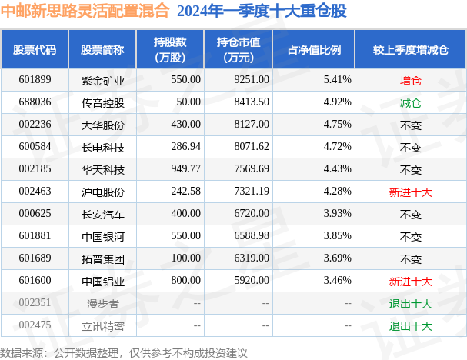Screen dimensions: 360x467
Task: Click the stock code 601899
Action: coord(34,80)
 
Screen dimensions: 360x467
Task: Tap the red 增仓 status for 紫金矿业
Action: coord(411,80)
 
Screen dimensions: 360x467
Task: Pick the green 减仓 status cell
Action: coord(411,102)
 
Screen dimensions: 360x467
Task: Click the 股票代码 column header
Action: coord(35,49)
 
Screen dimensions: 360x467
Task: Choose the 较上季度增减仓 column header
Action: coord(410,49)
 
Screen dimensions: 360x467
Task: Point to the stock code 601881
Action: coord(34,237)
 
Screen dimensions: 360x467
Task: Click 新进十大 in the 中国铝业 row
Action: coord(411,282)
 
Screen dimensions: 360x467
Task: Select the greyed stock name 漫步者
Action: coord(97,304)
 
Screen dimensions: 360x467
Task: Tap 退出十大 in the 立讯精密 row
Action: coord(411,326)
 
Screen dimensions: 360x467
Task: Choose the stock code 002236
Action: coord(34,125)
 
